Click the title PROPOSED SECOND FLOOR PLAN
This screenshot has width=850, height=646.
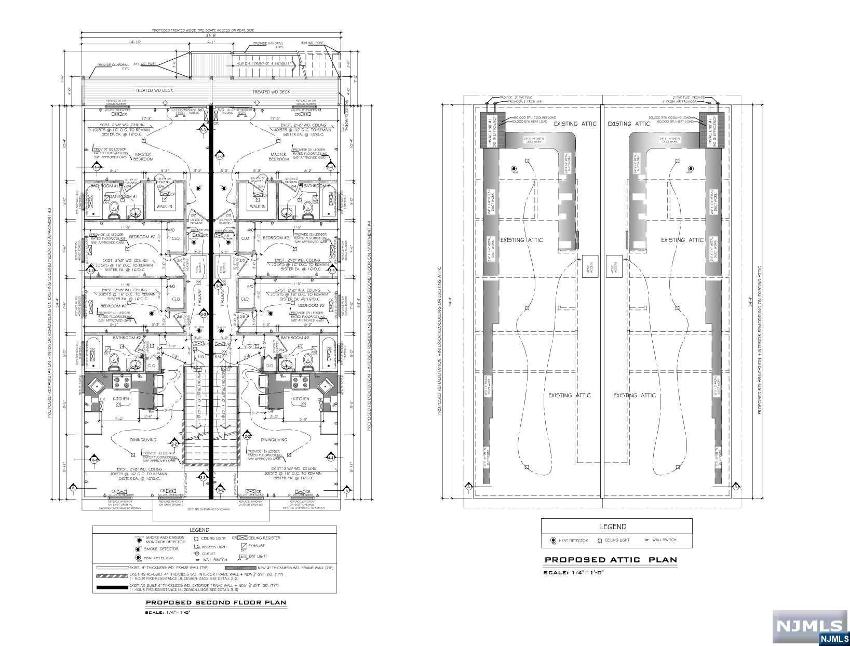pyautogui.click(x=215, y=603)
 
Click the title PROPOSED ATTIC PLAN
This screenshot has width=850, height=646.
pyautogui.click(x=610, y=560)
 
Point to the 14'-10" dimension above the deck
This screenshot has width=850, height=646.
pyautogui.click(x=122, y=42)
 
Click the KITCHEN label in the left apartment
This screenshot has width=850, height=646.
pyautogui.click(x=121, y=399)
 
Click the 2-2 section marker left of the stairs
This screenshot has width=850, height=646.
pyautogui.click(x=174, y=444)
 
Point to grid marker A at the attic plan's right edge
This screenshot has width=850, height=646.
pyautogui.click(x=736, y=487)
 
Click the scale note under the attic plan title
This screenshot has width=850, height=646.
pyautogui.click(x=574, y=572)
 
